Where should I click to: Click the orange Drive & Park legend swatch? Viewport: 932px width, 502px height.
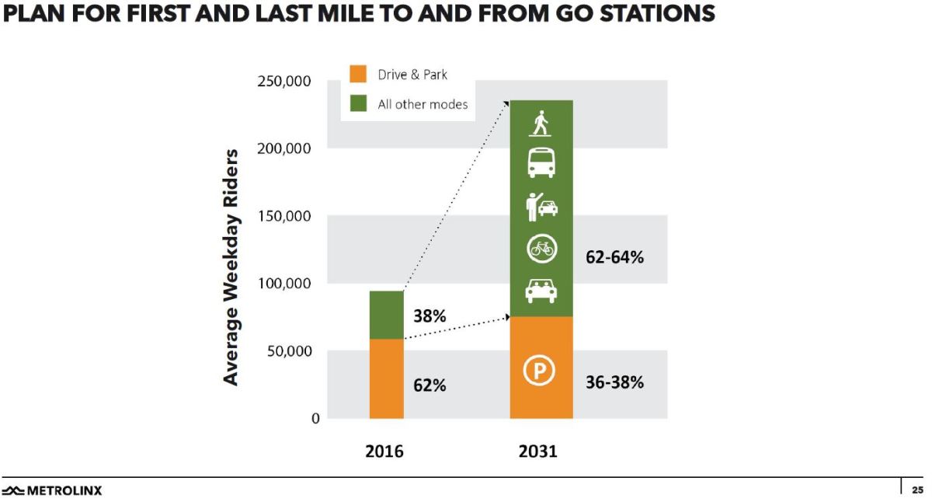[x=358, y=75]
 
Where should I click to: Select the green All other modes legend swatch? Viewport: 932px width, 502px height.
[x=358, y=103]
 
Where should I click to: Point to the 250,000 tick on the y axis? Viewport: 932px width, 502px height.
[x=283, y=82]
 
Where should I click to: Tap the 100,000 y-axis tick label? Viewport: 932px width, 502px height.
[x=283, y=283]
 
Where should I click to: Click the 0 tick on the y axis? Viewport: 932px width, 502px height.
[x=315, y=418]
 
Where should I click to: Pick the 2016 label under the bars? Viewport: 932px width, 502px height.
[x=384, y=451]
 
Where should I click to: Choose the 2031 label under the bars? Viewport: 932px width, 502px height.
[x=537, y=451]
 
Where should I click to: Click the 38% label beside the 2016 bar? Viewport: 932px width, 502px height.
[x=429, y=317]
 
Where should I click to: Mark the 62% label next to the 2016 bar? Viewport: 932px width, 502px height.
[x=429, y=385]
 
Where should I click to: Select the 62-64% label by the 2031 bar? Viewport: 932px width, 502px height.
[x=614, y=258]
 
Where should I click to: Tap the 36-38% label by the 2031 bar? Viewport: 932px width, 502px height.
[x=614, y=382]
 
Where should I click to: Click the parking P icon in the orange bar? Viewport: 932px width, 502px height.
[x=541, y=371]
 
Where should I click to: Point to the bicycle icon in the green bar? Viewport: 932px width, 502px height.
[x=541, y=249]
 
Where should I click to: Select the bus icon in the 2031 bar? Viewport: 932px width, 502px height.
[x=541, y=163]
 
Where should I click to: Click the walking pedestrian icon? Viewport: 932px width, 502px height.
[x=541, y=124]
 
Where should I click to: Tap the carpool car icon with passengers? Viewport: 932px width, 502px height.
[x=541, y=290]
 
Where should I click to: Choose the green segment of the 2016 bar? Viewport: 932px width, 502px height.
[x=386, y=315]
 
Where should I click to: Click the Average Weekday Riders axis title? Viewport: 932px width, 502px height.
[x=231, y=266]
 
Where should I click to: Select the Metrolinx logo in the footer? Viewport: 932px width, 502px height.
[x=51, y=490]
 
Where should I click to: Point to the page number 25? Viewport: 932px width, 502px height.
[x=916, y=490]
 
